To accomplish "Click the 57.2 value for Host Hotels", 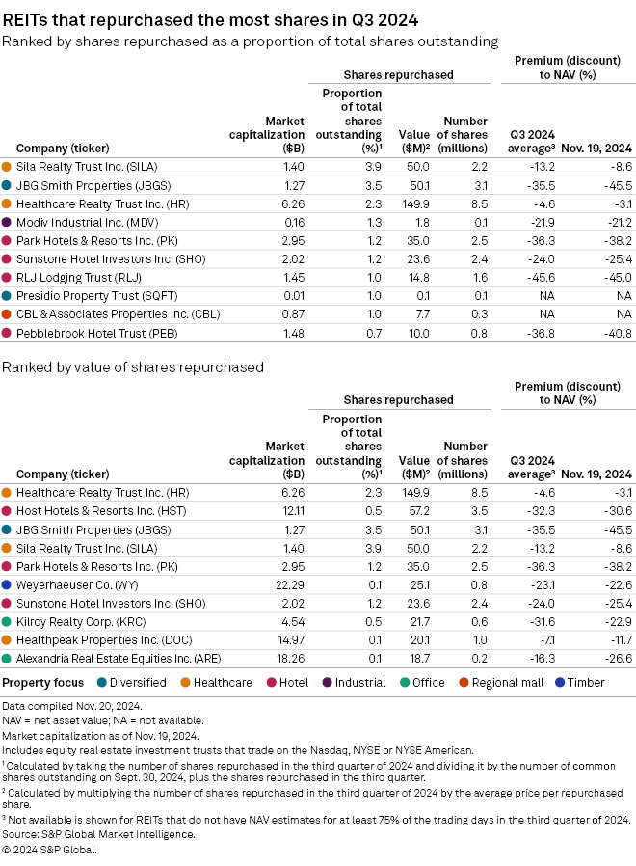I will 417,509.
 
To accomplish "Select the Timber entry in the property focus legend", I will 584,683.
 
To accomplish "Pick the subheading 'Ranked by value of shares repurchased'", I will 133,367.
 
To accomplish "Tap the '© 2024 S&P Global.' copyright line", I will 50,850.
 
